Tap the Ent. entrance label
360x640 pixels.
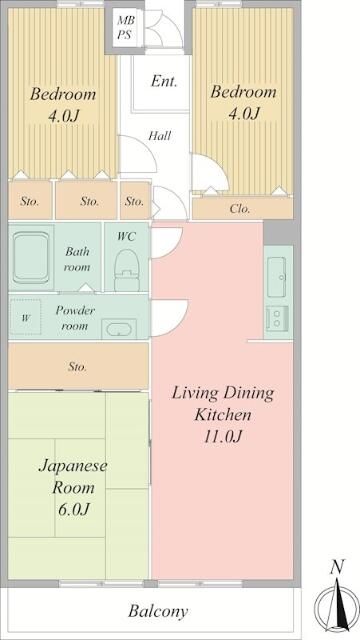(x=164, y=82)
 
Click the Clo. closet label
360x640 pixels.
(x=240, y=209)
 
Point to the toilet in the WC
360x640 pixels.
(x=126, y=265)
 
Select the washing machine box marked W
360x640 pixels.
(x=26, y=319)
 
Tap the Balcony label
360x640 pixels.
(x=157, y=610)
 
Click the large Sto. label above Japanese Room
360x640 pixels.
(x=77, y=367)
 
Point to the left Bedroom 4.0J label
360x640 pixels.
(x=62, y=104)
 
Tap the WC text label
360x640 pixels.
(x=126, y=236)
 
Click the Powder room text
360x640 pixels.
(x=75, y=318)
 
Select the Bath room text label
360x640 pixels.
(x=78, y=260)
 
